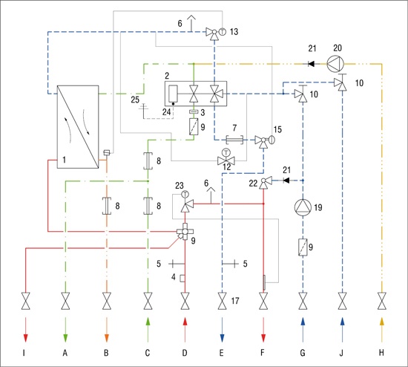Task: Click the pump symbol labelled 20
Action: (x=335, y=64)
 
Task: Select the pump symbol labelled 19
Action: (x=303, y=207)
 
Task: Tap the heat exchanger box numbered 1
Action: (x=78, y=127)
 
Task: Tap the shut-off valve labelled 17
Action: (x=222, y=301)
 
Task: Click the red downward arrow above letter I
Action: (x=25, y=330)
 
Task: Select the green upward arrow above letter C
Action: (x=148, y=330)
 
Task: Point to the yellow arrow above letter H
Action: (x=382, y=330)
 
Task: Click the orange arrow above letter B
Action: (x=106, y=330)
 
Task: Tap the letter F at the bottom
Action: (x=263, y=353)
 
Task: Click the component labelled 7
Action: (x=234, y=140)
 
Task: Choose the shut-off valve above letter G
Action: (x=303, y=301)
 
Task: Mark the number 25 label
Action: (x=135, y=100)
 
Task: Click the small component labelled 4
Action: (x=182, y=279)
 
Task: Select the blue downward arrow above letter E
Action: (x=222, y=330)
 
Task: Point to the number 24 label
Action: (x=166, y=112)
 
